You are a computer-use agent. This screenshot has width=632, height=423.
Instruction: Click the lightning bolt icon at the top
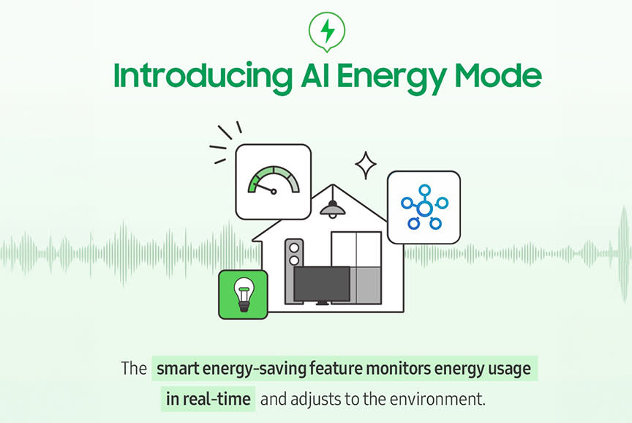pos(327,31)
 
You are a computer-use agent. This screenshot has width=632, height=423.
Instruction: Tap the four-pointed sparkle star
pos(366,165)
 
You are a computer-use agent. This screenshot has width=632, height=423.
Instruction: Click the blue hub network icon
pos(424,207)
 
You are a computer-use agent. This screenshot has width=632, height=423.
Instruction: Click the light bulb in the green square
pos(244,295)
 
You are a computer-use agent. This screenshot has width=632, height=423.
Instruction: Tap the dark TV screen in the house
pos(322,284)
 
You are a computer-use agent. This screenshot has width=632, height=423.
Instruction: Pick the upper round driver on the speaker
pos(294,247)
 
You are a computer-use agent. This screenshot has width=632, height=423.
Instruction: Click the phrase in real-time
pos(208,399)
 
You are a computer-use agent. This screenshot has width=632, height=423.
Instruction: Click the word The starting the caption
pos(134,368)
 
